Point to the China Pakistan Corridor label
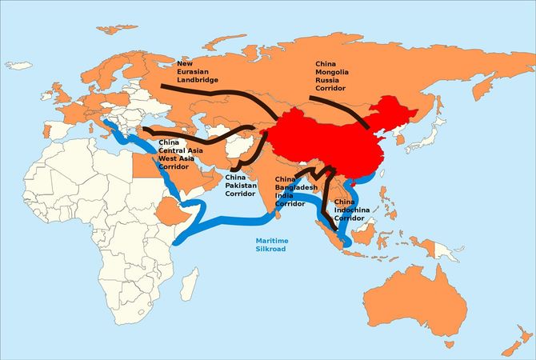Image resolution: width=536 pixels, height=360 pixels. tap(241, 185)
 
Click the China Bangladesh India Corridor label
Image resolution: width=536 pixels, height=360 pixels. tap(295, 191)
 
